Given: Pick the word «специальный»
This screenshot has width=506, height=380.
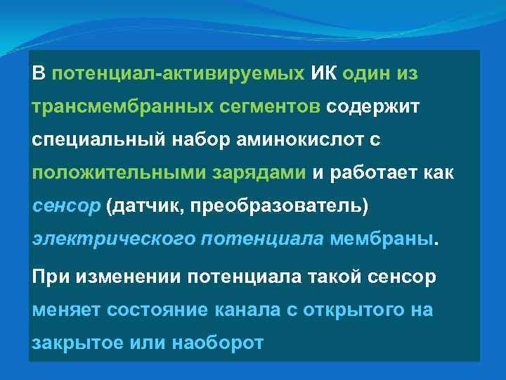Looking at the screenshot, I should [x=96, y=139].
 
